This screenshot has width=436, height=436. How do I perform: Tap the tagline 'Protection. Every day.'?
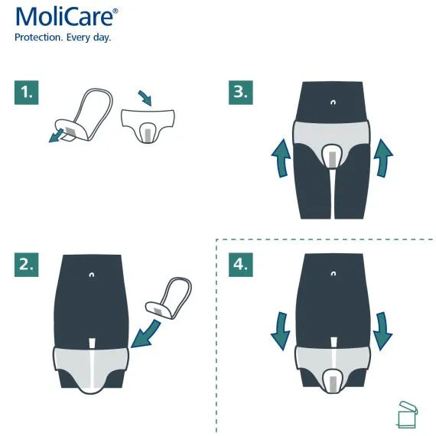63,37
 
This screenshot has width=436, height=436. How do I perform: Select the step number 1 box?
27,93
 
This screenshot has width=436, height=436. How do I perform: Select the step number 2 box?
27,265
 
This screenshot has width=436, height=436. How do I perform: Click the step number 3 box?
241,93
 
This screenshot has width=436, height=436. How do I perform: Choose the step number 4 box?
241,265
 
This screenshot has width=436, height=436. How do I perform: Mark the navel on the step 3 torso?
332,101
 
